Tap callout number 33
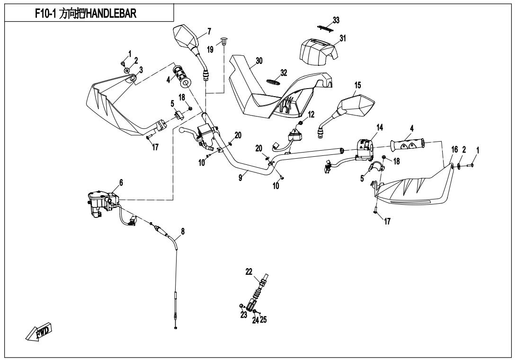336,20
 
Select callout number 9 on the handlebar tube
241,177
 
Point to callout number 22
249,271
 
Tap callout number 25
263,319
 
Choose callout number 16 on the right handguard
454,150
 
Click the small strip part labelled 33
324,28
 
